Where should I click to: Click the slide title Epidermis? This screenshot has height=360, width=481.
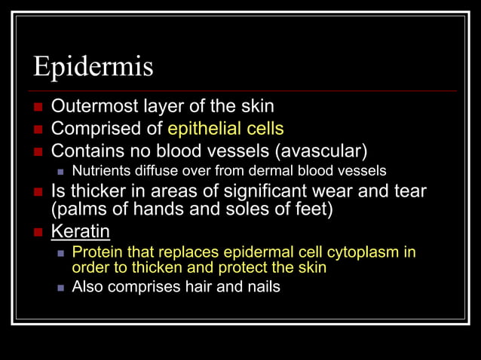(x=93, y=67)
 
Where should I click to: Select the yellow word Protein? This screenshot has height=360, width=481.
(x=95, y=251)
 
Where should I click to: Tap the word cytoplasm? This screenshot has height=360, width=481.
(x=362, y=251)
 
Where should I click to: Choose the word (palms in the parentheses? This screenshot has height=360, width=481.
(x=79, y=209)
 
